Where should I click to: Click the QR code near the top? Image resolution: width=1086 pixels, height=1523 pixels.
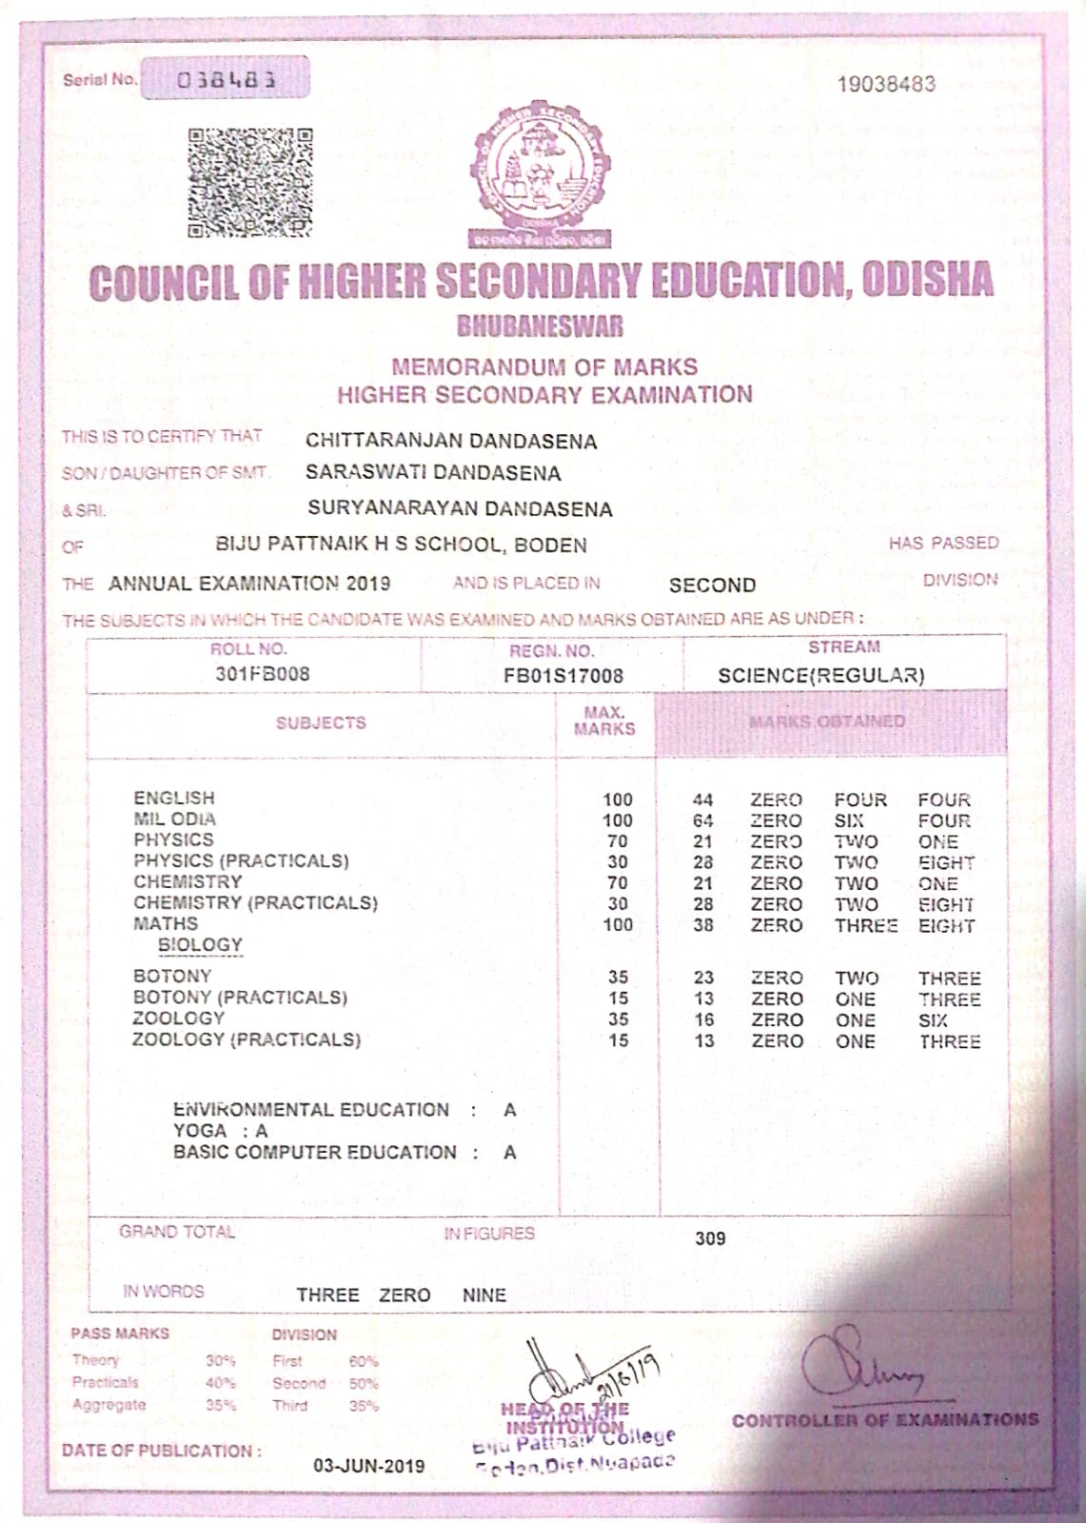coord(250,183)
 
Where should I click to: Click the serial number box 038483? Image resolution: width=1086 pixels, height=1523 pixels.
coord(226,79)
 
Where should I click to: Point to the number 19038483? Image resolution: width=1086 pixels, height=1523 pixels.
coord(886,84)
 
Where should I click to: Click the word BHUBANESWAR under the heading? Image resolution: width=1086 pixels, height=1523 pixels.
coord(541,326)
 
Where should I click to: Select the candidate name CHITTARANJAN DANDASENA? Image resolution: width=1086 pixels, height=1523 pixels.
coord(451,441)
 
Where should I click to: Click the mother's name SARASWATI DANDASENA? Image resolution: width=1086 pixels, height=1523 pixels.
coord(433,473)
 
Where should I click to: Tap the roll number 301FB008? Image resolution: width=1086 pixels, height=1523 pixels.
coord(262,674)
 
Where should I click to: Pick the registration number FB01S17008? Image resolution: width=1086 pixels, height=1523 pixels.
coord(563,676)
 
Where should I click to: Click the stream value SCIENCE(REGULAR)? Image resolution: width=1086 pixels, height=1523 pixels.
coord(820,675)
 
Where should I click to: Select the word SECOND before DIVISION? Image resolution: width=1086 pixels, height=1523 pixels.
coord(712,584)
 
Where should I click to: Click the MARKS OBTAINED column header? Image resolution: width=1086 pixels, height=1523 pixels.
coord(826,722)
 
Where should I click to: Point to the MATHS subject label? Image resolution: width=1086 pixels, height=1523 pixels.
coord(166,923)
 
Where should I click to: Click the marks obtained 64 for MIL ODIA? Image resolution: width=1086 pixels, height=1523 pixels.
coord(703,821)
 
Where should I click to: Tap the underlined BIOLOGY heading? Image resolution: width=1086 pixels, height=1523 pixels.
coord(200,945)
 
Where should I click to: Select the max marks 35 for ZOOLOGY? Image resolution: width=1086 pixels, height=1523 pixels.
coord(618,1019)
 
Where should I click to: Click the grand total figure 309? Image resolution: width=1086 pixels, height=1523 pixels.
coord(710,1238)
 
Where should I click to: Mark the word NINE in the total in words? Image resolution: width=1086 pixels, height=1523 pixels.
coord(484,1296)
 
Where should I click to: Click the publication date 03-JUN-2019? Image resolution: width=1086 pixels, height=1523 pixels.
coord(369,1466)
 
